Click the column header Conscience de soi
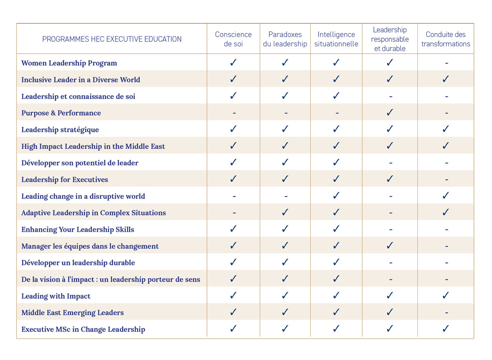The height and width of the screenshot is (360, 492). click(233, 39)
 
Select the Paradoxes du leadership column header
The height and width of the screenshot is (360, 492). click(285, 39)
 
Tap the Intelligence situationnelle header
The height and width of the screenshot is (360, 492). click(336, 39)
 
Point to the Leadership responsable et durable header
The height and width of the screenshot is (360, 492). click(390, 39)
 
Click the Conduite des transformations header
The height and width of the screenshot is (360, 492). click(446, 39)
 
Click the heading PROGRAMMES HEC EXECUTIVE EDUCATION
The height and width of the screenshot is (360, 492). click(112, 39)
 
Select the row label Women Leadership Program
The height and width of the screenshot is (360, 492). click(69, 63)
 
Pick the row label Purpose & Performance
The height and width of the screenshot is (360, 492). click(61, 113)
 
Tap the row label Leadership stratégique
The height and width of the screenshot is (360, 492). click(60, 130)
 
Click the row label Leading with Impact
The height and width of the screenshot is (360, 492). click(56, 296)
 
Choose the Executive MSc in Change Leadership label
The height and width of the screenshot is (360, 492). click(83, 329)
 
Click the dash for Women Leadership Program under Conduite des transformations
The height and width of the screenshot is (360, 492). click(446, 64)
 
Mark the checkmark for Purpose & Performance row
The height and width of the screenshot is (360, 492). click(390, 112)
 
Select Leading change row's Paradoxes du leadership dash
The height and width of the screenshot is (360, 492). click(286, 196)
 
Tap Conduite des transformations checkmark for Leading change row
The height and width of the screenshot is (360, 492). click(446, 196)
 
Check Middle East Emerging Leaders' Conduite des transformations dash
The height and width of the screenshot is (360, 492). click(446, 313)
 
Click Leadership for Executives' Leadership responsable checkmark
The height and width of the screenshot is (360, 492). click(390, 179)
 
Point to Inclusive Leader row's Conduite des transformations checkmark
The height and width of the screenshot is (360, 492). click(446, 79)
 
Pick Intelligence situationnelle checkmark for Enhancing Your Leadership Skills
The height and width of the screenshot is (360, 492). click(336, 229)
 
